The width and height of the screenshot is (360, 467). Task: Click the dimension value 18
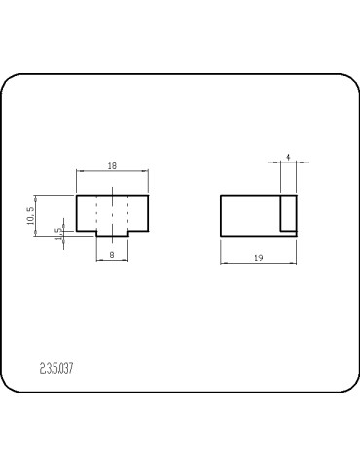(112, 166)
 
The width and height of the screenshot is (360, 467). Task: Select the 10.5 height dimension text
(30, 216)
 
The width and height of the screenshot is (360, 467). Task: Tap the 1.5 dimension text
(58, 234)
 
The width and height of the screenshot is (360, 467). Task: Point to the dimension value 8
(112, 255)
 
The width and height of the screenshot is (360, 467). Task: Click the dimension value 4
(288, 158)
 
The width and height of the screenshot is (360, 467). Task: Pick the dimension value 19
(258, 258)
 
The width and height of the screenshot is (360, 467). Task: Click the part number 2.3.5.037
(56, 369)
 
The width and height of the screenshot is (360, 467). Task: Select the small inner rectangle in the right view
(288, 231)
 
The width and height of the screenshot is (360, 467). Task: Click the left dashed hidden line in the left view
(96, 212)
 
